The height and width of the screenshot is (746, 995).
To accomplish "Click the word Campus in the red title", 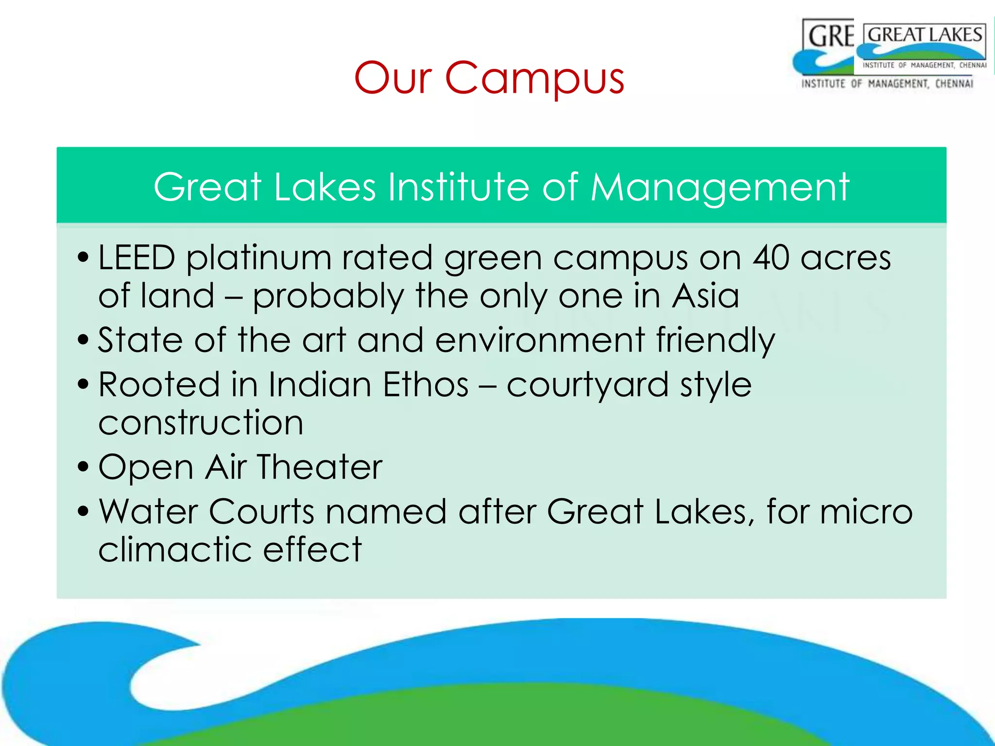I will [x=534, y=79].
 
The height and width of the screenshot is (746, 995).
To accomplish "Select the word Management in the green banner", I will [x=720, y=187].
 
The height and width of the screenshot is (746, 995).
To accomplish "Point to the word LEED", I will [x=137, y=257].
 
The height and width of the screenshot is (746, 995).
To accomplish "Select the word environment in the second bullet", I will [x=540, y=339].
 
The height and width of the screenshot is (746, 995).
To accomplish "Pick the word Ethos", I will [x=426, y=384].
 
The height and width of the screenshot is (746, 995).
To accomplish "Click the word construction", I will [x=201, y=422].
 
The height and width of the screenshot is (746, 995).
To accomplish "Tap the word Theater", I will [x=319, y=467].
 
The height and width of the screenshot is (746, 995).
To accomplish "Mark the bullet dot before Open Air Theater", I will [x=83, y=467].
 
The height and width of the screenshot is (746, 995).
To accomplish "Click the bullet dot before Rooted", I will [x=83, y=385].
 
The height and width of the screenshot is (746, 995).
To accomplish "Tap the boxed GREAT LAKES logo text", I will [x=925, y=35].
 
